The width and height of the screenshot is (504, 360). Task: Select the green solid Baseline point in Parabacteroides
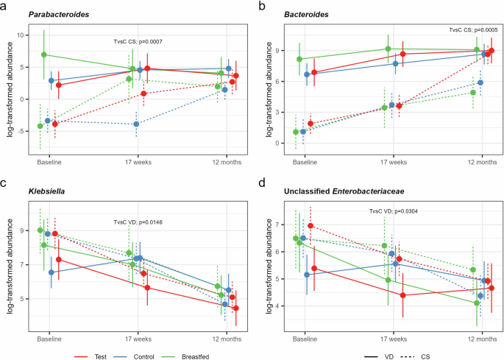pos(44,54)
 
